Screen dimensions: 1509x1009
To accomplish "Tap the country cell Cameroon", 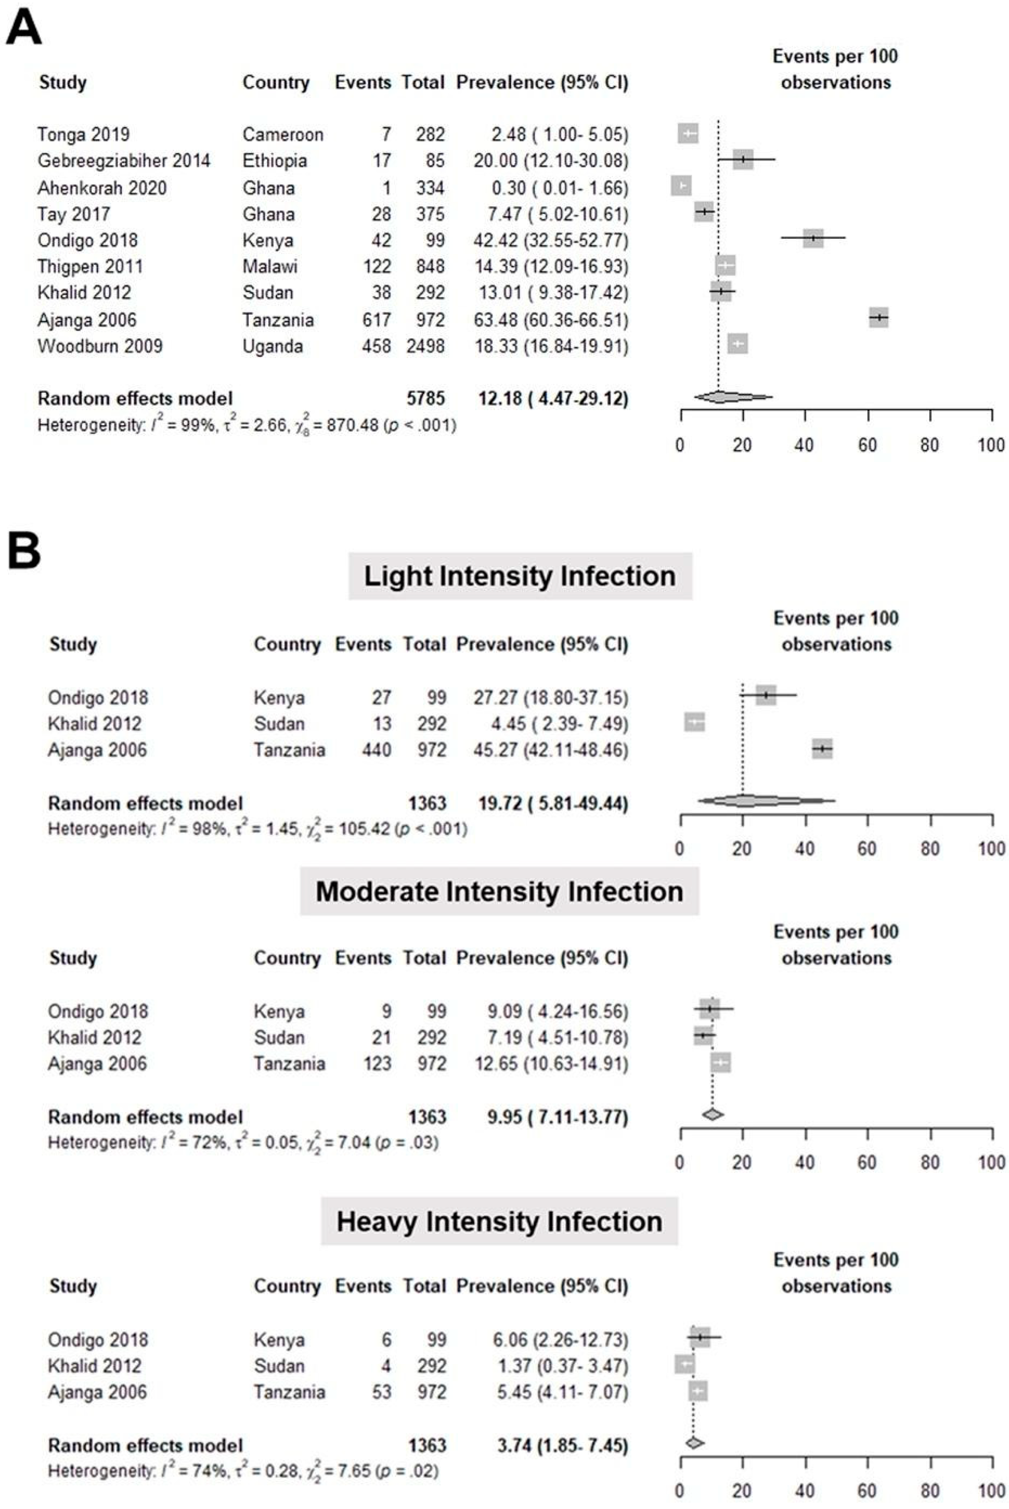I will coord(283,134).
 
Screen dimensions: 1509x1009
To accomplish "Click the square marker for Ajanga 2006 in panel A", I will coord(878,317).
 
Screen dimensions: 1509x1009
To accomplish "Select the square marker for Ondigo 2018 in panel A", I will coord(813,238).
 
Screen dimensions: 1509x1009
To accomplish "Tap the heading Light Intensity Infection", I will coord(520,576).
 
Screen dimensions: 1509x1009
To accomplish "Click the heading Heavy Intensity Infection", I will coord(500,1221).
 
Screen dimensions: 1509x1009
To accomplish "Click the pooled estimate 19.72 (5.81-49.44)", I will coord(553,803).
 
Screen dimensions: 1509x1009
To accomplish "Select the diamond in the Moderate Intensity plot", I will coord(713,1114).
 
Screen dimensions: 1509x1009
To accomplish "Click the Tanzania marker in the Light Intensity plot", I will coord(822,749).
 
